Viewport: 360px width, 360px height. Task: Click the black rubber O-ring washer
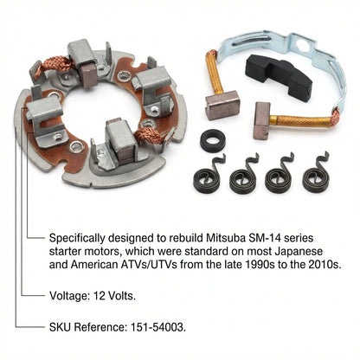point(213,140)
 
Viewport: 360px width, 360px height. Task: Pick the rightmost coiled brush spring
point(315,173)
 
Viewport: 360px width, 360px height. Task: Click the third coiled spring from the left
point(279,174)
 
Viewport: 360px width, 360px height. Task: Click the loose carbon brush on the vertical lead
point(222,105)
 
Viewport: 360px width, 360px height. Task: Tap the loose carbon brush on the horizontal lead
point(262,120)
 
